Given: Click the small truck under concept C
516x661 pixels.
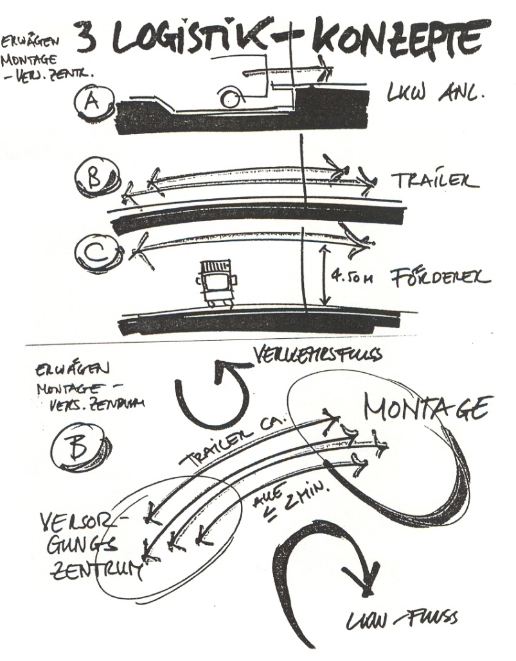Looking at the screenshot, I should click(x=215, y=282).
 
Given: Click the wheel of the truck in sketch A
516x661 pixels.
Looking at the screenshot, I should click(x=229, y=99).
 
